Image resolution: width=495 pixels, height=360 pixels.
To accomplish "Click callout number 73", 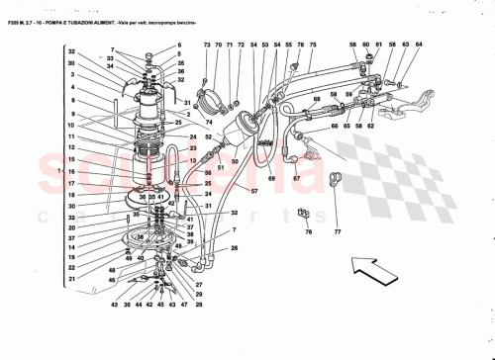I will (207, 45).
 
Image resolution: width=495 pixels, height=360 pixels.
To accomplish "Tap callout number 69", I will (269, 178).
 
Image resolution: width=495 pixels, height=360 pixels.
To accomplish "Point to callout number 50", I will (236, 161).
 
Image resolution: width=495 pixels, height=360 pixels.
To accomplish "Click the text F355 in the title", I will (14, 8).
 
